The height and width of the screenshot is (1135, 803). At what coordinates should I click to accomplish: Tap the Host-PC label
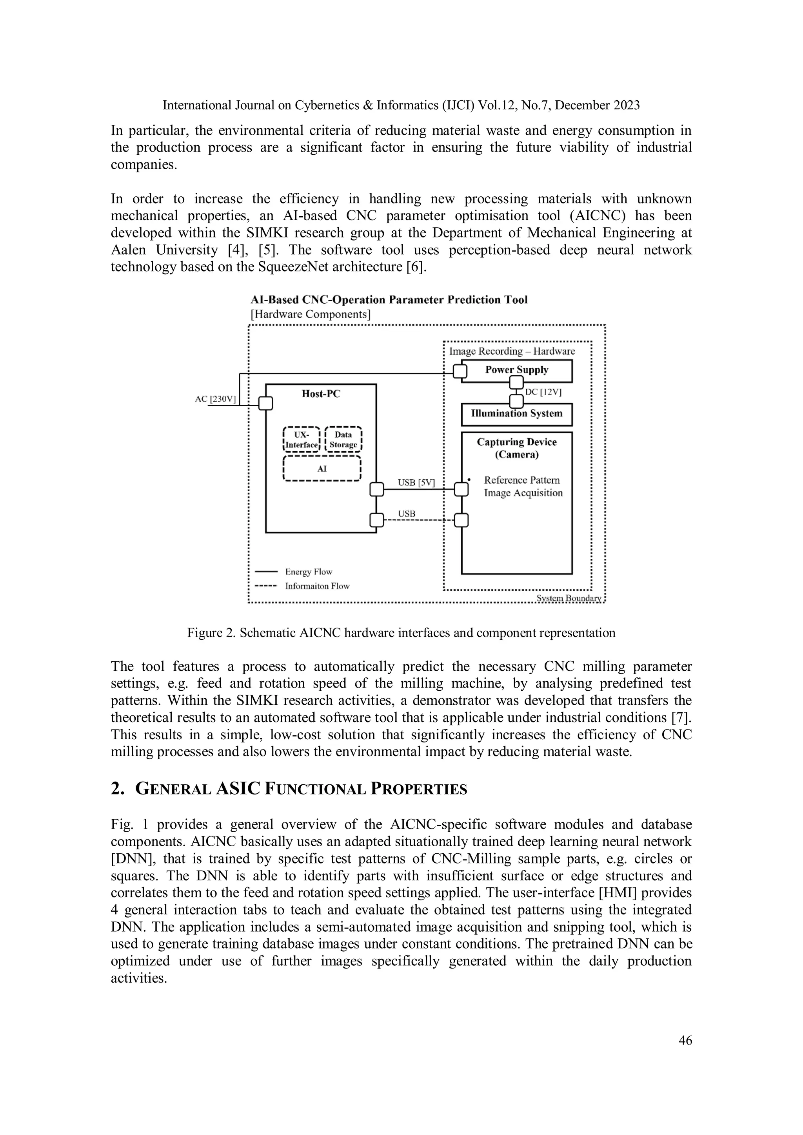[x=321, y=394]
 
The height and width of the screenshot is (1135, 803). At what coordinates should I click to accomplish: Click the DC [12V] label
[x=543, y=392]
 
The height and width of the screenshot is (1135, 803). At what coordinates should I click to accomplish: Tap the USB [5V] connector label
[x=416, y=482]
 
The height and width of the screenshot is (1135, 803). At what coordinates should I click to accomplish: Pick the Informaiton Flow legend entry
[x=317, y=586]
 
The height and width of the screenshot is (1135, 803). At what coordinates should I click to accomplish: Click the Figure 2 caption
[x=401, y=633]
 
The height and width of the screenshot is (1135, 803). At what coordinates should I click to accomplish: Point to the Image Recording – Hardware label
[x=512, y=351]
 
